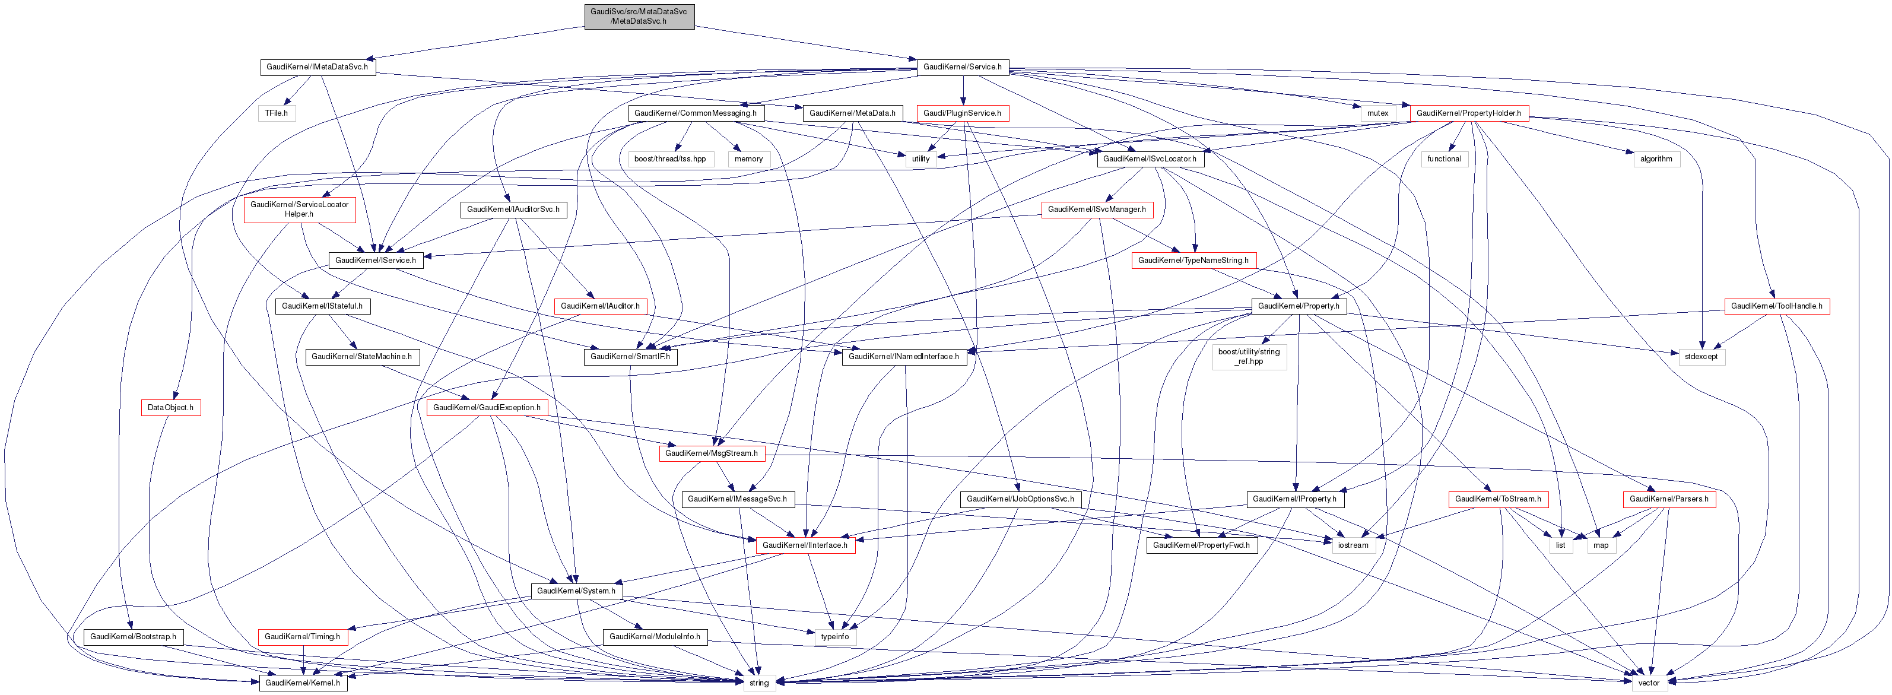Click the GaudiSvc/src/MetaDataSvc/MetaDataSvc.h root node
(638, 17)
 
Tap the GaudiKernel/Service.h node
(961, 67)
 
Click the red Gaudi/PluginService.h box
(961, 113)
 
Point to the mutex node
(1377, 113)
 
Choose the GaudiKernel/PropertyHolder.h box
(1468, 113)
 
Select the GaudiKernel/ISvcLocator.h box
(1150, 158)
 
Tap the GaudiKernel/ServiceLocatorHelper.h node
(300, 210)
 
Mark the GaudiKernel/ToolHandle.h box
(1776, 306)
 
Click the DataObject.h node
(170, 408)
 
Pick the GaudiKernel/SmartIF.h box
(630, 356)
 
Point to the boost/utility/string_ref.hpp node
(1249, 356)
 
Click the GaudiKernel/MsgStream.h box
(711, 453)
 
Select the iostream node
(1353, 545)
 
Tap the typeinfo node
(834, 636)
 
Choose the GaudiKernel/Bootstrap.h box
(133, 636)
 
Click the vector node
(1648, 683)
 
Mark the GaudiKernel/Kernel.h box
(303, 683)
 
